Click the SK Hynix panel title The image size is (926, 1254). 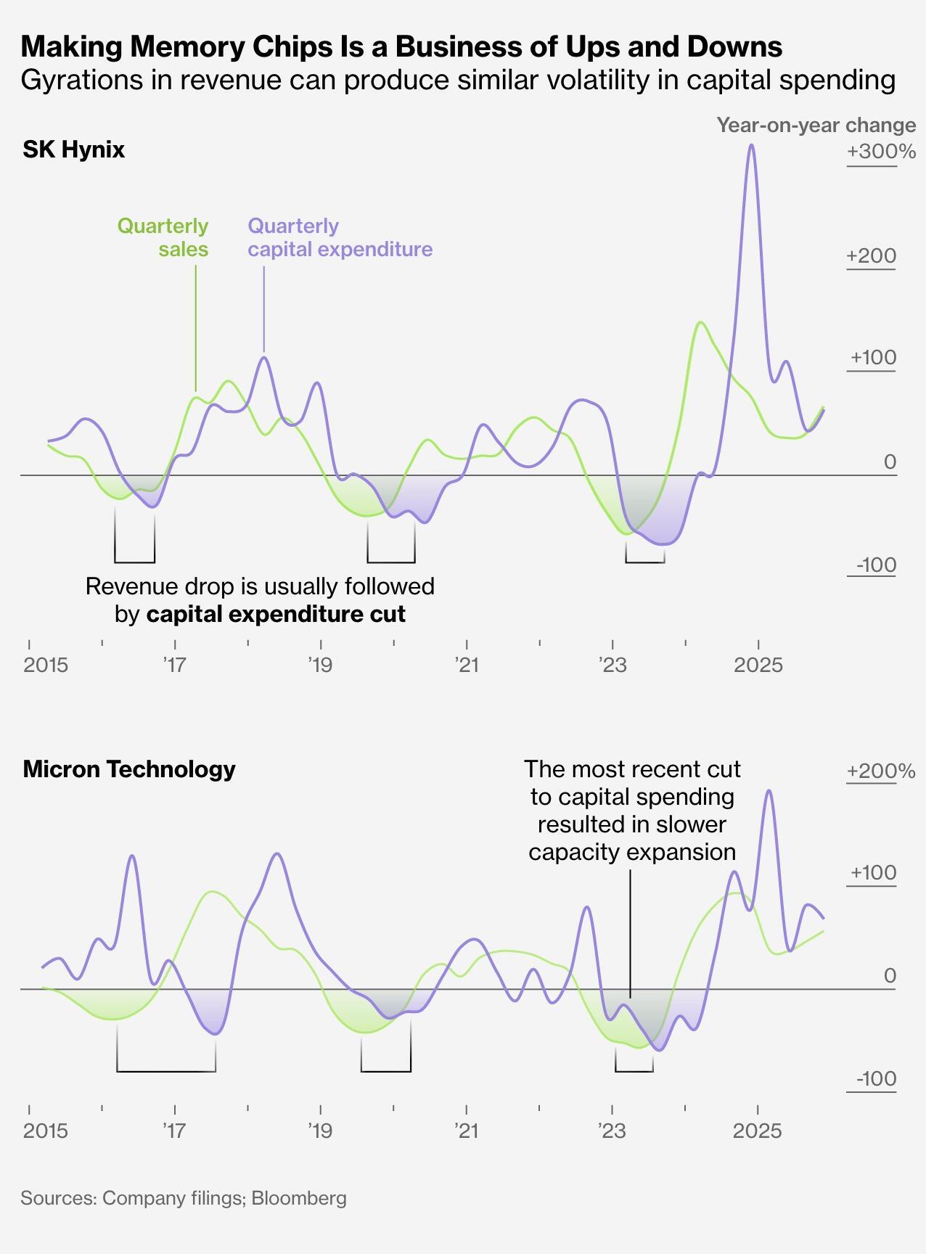coord(73,149)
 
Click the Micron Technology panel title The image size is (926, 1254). coord(129,769)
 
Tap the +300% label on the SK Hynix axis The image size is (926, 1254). coord(880,152)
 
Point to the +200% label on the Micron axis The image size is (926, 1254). coord(880,771)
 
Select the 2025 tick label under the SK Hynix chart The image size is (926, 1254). coord(758,665)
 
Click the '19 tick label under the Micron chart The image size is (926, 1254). coord(319,1130)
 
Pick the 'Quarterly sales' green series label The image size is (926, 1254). coord(163,237)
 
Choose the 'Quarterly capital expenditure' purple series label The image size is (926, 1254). coord(340,237)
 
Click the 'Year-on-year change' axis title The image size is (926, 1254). coord(816,126)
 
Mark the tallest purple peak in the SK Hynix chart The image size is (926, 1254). coord(751,145)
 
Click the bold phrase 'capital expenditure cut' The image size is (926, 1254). coord(276,615)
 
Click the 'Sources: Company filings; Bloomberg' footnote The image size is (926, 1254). coord(184,1198)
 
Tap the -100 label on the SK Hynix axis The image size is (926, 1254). coord(876,565)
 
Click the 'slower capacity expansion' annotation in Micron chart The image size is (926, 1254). coord(632,810)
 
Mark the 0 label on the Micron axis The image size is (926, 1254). coord(890,975)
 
